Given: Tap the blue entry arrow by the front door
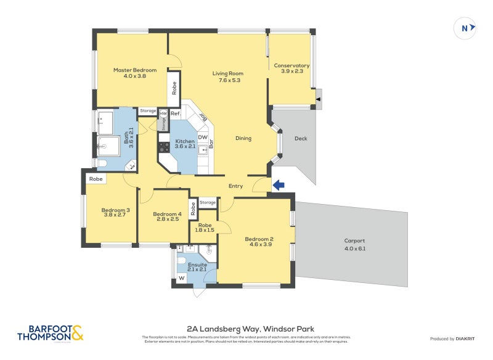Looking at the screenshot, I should pyautogui.click(x=278, y=185).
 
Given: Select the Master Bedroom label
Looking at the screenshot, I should pyautogui.click(x=134, y=73).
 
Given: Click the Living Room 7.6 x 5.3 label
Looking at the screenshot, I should pyautogui.click(x=227, y=76).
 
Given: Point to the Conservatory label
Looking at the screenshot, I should pyautogui.click(x=291, y=68).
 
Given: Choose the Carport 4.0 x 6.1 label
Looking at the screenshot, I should pyautogui.click(x=354, y=244).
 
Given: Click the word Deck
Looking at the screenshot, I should pyautogui.click(x=301, y=139).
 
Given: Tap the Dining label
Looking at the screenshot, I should pyautogui.click(x=243, y=138).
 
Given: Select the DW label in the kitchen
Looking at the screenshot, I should pyautogui.click(x=202, y=137).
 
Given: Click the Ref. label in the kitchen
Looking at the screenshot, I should pyautogui.click(x=175, y=114).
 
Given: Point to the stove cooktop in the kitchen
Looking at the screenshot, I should pyautogui.click(x=165, y=147).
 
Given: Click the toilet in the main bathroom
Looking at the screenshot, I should pyautogui.click(x=102, y=163).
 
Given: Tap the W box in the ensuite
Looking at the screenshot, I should pyautogui.click(x=181, y=278).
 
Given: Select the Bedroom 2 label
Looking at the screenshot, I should pyautogui.click(x=259, y=242).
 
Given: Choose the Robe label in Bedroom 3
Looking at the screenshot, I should pyautogui.click(x=96, y=179).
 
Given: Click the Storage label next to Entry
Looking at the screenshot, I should pyautogui.click(x=208, y=202).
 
